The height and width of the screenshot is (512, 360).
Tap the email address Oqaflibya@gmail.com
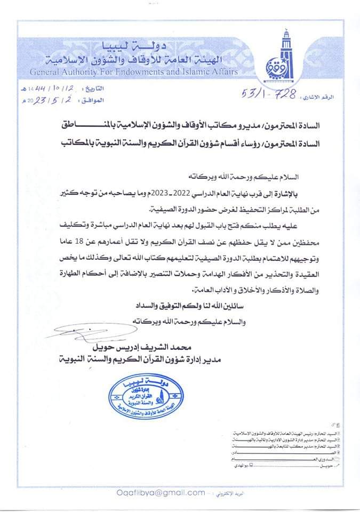coord(154,494)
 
